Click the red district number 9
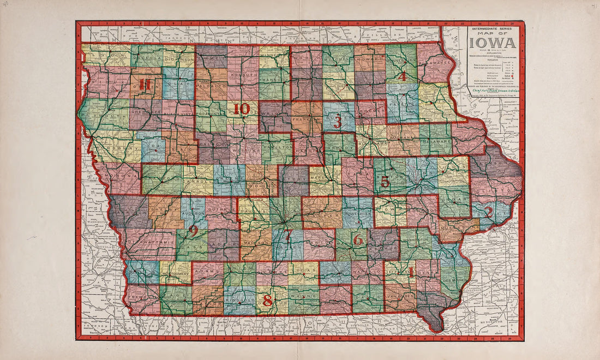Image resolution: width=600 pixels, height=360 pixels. (193, 231)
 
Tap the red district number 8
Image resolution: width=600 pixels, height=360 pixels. (267, 299)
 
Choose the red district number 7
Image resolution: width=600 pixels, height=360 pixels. (288, 236)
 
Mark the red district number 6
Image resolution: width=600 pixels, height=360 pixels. (358, 240)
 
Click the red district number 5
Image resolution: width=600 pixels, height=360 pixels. (385, 181)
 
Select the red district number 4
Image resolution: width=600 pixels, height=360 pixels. (402, 77)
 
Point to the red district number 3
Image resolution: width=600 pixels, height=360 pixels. (338, 122)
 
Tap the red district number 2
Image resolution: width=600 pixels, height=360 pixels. (489, 212)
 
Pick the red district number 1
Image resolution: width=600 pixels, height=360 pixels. (411, 272)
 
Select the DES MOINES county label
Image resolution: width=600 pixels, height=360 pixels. (453, 280)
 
